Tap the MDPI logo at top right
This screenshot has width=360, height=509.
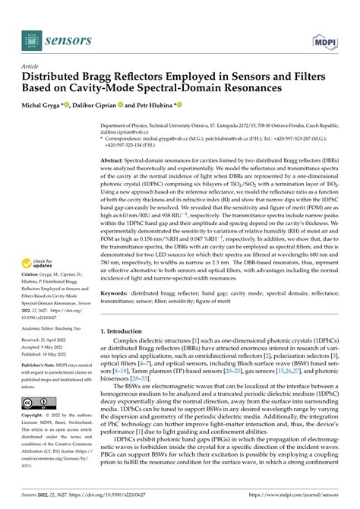tap(323, 36)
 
